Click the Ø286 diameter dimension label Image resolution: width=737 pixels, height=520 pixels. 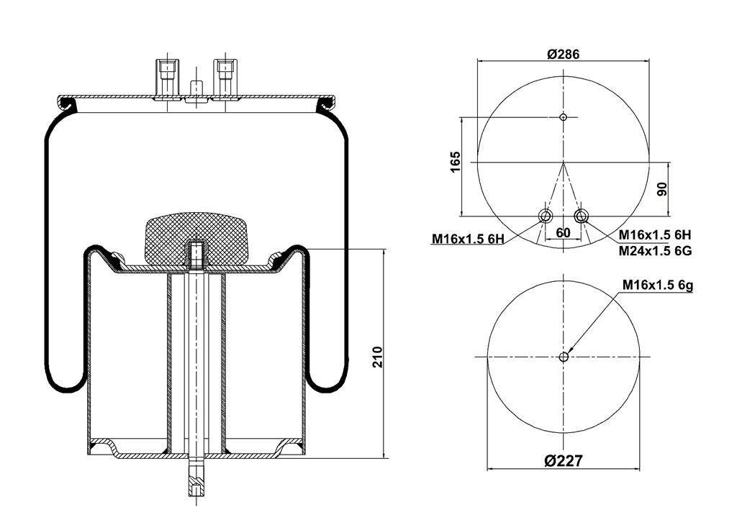point(564,53)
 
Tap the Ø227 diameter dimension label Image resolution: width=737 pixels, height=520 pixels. point(564,460)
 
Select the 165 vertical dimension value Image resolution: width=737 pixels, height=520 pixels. point(455,162)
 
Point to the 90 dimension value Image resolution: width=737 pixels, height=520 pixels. point(662,189)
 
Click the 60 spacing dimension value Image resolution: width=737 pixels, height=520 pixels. point(563,232)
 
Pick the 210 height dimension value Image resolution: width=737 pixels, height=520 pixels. point(377,357)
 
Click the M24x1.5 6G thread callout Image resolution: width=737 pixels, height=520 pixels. point(655,251)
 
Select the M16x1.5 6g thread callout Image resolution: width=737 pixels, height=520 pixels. point(658,285)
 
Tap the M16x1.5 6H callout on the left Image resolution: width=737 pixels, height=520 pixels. point(468,240)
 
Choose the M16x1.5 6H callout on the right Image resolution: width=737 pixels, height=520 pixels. point(654,234)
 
